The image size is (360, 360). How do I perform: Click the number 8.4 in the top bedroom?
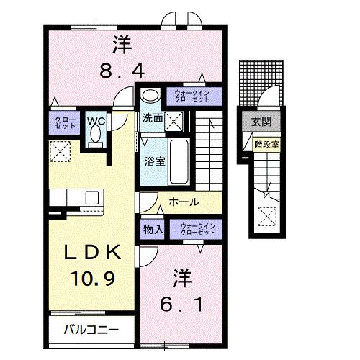tap(122, 71)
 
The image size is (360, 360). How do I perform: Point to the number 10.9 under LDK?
tap(91, 276)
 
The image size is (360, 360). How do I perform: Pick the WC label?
tap(96, 121)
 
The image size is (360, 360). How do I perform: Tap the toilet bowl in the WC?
tap(94, 138)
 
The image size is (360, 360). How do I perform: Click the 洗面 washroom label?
tap(151, 118)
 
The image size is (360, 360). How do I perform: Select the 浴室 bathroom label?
tap(154, 160)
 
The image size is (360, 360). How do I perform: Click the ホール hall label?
tap(184, 203)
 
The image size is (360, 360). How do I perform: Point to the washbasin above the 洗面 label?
tap(150, 96)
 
